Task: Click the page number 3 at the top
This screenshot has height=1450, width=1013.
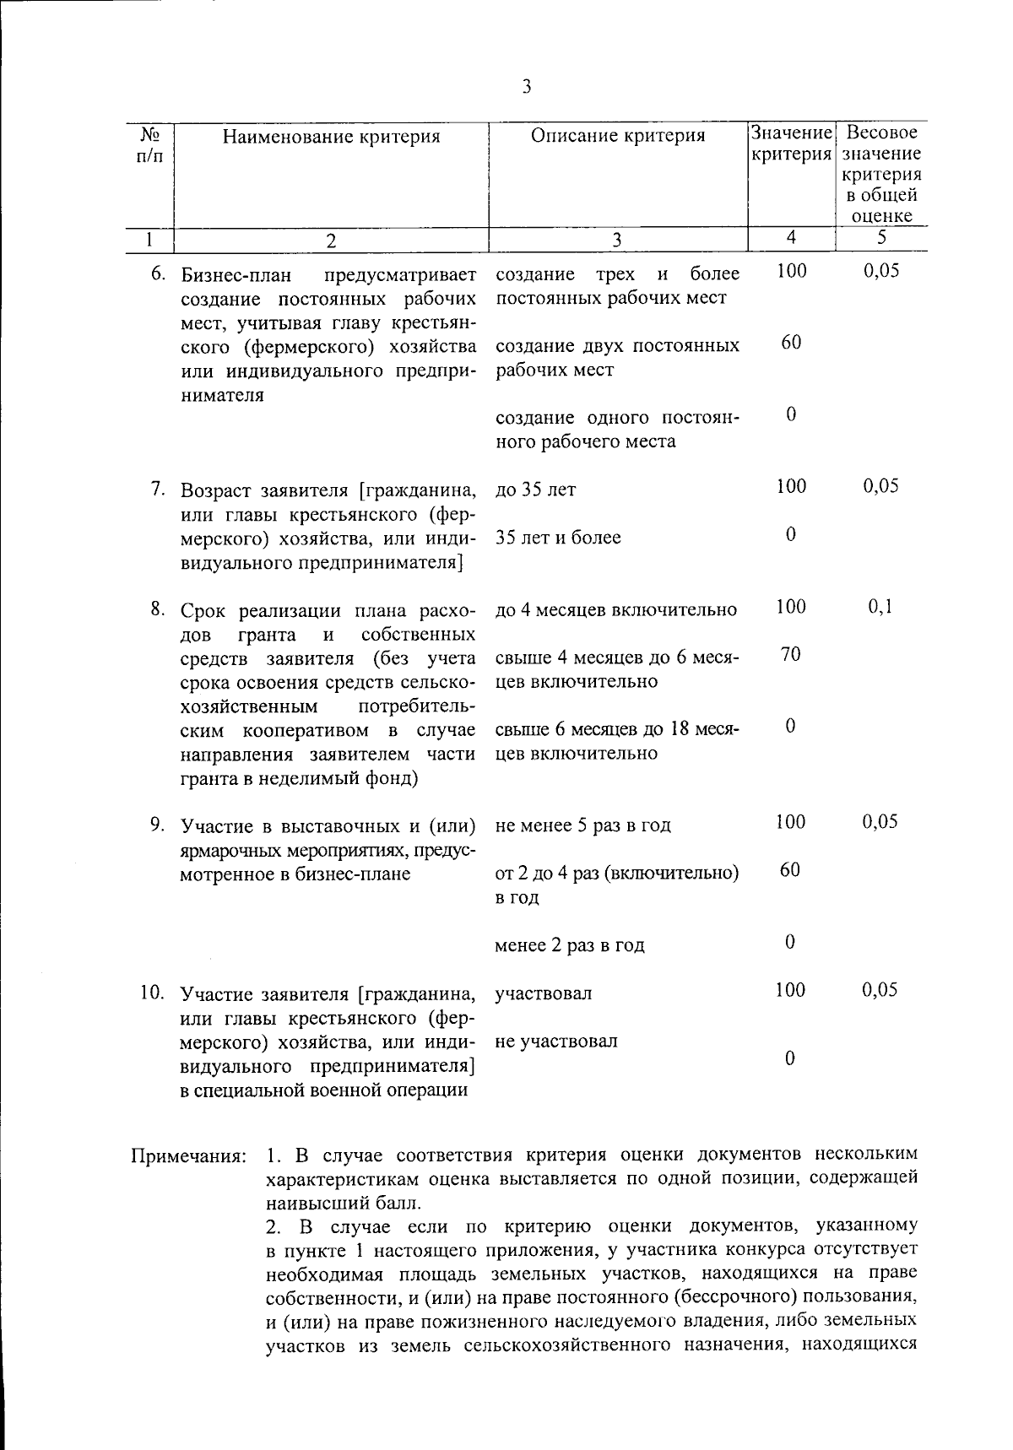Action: tap(527, 87)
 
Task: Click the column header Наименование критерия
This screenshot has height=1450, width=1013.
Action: tap(331, 136)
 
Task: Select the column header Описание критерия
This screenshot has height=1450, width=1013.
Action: tap(618, 136)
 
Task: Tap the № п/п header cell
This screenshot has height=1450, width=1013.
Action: tap(149, 144)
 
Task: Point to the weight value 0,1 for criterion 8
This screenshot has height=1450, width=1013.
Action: tap(880, 607)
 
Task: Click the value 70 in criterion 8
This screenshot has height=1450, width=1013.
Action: tap(790, 655)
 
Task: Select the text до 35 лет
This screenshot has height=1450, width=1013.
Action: tap(535, 490)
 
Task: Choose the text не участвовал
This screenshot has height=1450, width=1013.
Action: tap(556, 1041)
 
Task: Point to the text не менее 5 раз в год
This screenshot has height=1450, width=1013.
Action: tap(582, 825)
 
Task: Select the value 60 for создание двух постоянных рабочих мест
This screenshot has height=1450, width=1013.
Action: tap(790, 343)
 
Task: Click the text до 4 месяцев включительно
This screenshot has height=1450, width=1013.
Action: tap(615, 609)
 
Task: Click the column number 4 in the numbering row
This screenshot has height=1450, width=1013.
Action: tap(791, 238)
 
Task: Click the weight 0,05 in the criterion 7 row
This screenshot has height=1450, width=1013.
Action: tap(880, 486)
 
